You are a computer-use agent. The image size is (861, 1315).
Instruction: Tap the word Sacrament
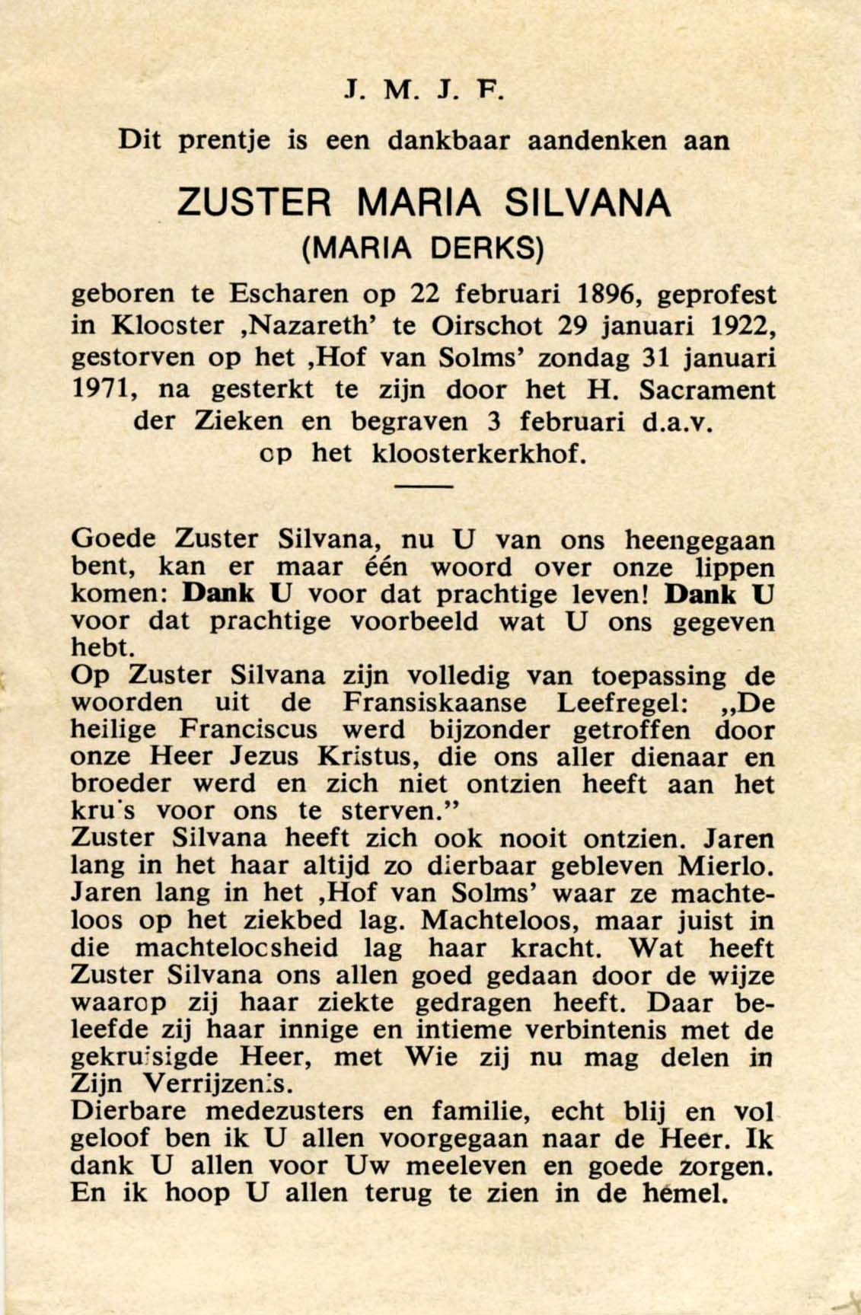pyautogui.click(x=707, y=390)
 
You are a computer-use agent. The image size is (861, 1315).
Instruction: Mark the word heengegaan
pyautogui.click(x=699, y=541)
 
